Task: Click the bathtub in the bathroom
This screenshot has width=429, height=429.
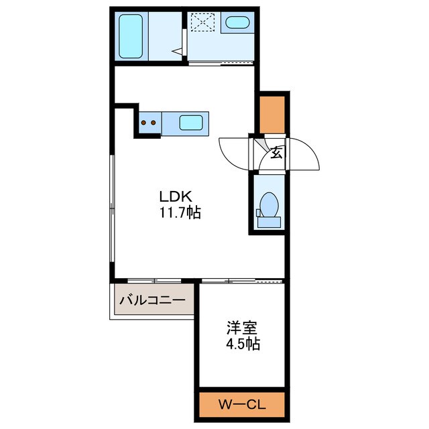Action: pos(131,36)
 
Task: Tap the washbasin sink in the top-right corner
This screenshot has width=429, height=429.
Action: pos(238,22)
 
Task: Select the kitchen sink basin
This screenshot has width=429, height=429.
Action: pos(191,123)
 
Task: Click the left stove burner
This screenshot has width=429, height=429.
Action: pos(143,123)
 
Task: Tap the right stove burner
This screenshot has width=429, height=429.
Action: pos(154,123)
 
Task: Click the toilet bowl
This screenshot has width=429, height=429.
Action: pos(269,204)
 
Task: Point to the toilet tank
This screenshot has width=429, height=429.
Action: pos(269,222)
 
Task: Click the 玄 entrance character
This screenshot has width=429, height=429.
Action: pos(277,153)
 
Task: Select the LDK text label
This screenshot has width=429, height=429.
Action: pos(176,196)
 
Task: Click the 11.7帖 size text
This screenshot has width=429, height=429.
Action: pos(180,212)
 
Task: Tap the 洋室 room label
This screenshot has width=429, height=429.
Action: pos(242,328)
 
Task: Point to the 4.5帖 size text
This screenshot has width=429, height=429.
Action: pos(243,344)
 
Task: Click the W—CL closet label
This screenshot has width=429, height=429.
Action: pos(242,405)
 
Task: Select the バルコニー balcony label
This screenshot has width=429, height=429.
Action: pos(153,300)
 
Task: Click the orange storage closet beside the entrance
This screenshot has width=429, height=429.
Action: pos(272,115)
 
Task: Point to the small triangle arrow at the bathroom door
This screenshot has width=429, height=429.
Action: pos(177,51)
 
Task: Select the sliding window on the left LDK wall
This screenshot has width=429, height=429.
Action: pos(112,208)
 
